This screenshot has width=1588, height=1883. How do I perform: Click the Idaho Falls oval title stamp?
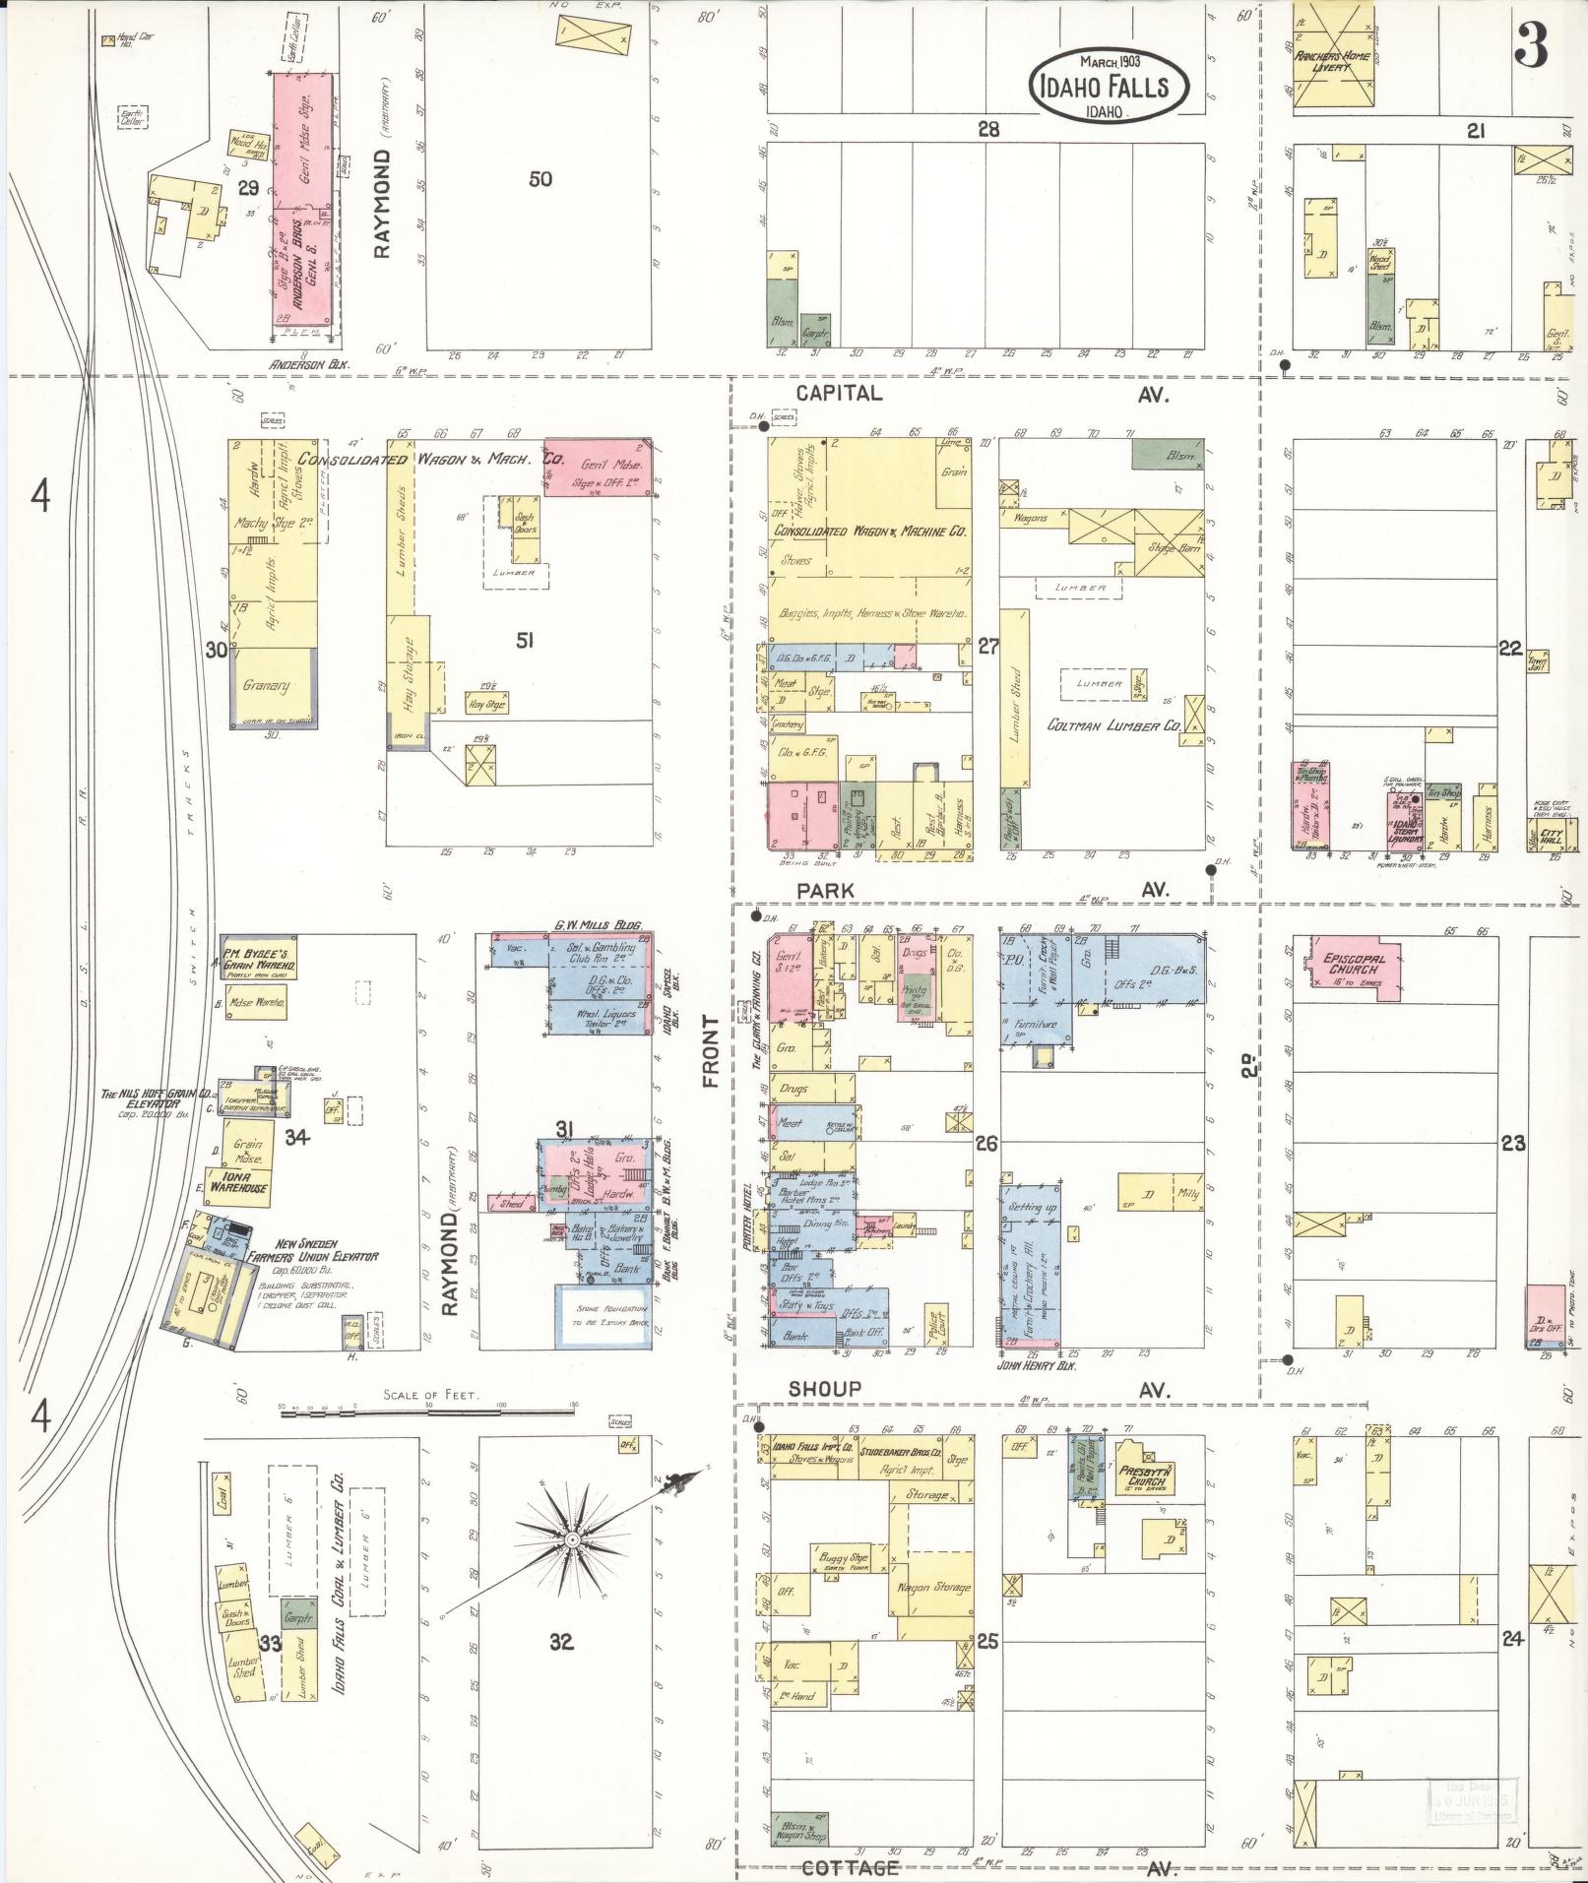(1110, 86)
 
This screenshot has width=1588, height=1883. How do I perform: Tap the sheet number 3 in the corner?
(1533, 44)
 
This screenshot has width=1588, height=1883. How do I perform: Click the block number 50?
(540, 179)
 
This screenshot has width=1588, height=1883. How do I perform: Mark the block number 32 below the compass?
(561, 1641)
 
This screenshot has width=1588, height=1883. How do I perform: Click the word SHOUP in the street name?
(824, 1389)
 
